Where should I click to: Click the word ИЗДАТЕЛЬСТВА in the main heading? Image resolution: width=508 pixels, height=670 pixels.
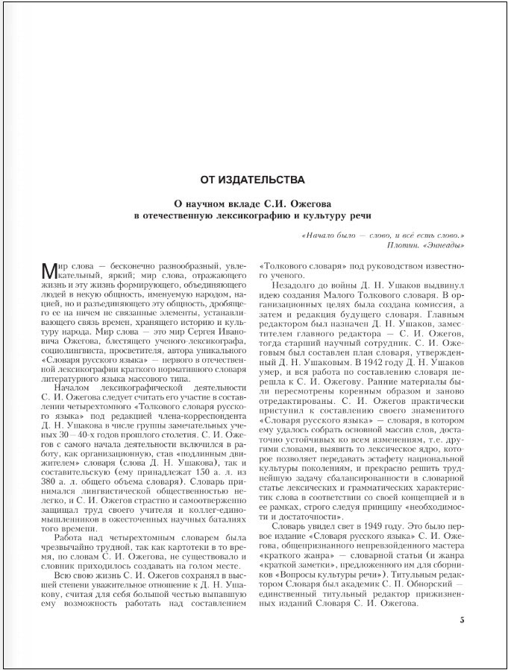pos(270,180)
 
